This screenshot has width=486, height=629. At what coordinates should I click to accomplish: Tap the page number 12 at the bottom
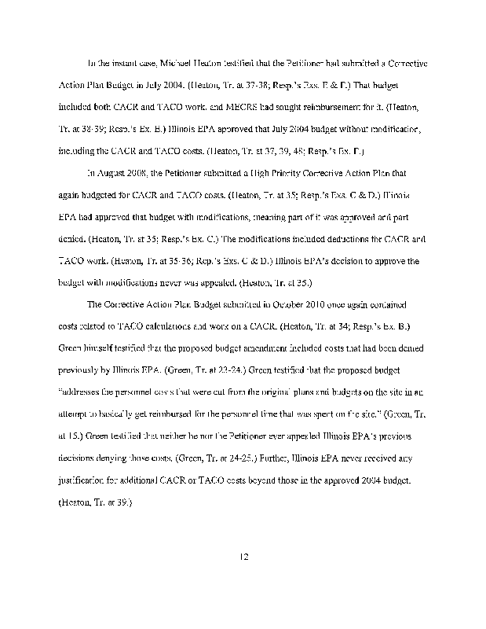click(243, 557)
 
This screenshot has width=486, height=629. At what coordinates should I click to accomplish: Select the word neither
click(176, 435)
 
